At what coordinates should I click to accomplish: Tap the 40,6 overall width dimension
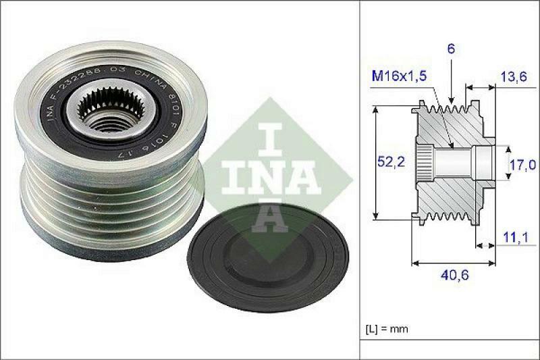click(445, 276)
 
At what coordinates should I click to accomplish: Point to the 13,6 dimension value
click(513, 76)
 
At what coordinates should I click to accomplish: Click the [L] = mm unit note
click(387, 329)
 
